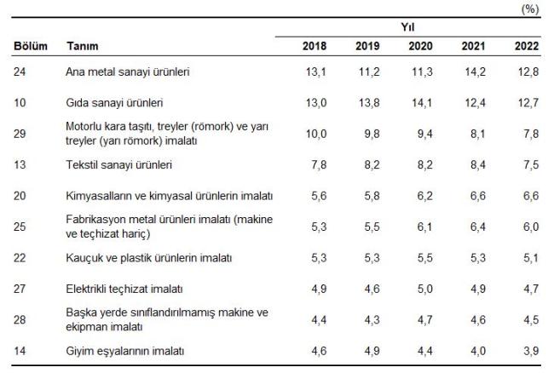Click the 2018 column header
pyautogui.click(x=315, y=45)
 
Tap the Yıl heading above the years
pyautogui.click(x=407, y=27)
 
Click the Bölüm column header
pyautogui.click(x=31, y=45)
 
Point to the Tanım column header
pyautogui.click(x=83, y=45)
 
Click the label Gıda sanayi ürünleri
pyautogui.click(x=114, y=103)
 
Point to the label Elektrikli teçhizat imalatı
pyautogui.click(x=124, y=289)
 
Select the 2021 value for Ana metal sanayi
pyautogui.click(x=475, y=72)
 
